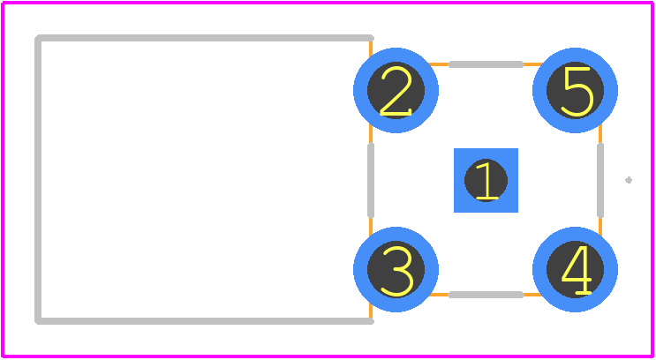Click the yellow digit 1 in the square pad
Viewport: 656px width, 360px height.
(486, 181)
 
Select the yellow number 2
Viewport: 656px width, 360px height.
(396, 91)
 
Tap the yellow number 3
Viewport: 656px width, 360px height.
(396, 271)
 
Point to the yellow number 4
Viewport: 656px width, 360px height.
(576, 270)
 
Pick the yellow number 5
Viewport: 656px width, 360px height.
(578, 91)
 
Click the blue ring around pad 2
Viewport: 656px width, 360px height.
(360, 90)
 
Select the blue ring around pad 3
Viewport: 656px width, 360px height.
(360, 270)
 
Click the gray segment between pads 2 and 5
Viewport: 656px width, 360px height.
(486, 64)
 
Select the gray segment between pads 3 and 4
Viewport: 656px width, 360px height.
(486, 295)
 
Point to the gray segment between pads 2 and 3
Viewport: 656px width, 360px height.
(371, 180)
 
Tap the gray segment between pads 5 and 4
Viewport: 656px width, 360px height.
(600, 180)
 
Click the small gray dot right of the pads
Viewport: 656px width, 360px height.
(629, 180)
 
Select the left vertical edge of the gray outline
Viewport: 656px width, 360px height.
(38, 180)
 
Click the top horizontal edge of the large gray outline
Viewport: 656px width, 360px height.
(204, 38)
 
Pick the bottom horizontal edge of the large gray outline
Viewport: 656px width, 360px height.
(204, 321)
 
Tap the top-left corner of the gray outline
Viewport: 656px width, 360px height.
(38, 38)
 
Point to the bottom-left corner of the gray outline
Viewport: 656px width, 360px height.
(38, 321)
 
